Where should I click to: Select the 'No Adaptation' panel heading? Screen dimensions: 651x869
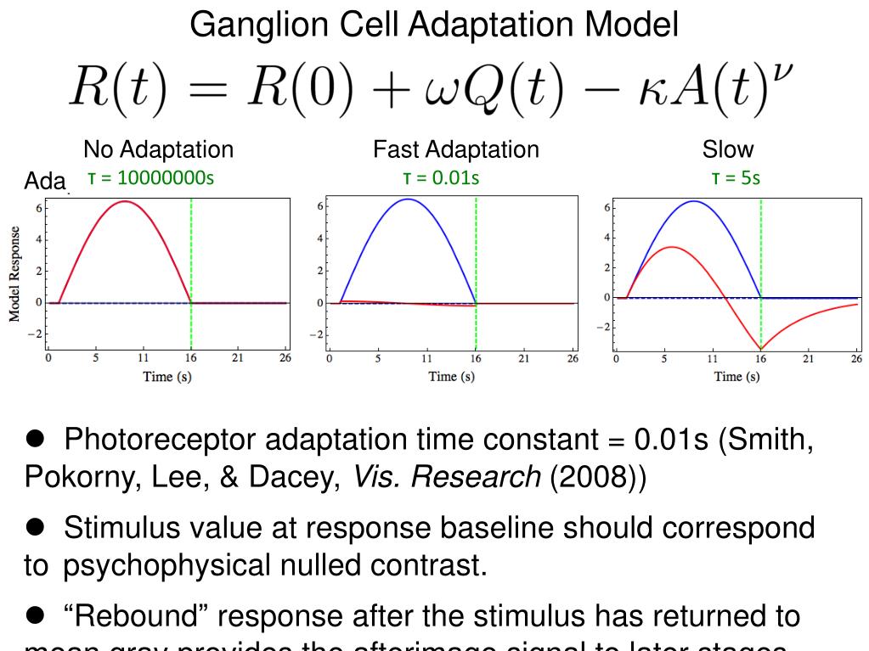[158, 150]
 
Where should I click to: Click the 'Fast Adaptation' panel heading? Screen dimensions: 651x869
[456, 150]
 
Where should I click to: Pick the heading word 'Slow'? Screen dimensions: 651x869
[728, 150]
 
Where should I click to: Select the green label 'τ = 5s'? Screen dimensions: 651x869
[736, 178]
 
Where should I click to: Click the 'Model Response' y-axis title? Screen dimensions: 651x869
[14, 274]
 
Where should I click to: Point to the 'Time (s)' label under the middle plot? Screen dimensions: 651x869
[451, 377]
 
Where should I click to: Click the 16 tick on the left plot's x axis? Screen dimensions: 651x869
[190, 360]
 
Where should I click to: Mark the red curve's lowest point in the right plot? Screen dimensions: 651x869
[760, 349]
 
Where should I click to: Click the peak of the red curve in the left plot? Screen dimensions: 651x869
[124, 201]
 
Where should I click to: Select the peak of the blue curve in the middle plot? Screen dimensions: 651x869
[409, 199]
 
